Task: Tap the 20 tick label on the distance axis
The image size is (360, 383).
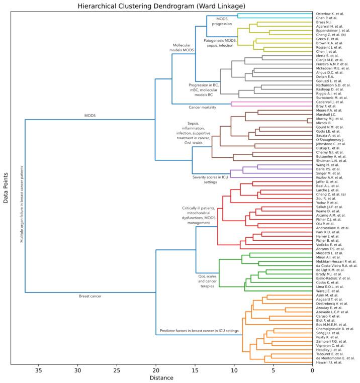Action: click(x=156, y=370)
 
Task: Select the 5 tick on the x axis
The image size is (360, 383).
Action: click(x=273, y=370)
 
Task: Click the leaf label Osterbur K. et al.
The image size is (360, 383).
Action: click(x=330, y=14)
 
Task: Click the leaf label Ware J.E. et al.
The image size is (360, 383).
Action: click(x=328, y=291)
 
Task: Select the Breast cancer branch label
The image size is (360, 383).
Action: click(x=91, y=296)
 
